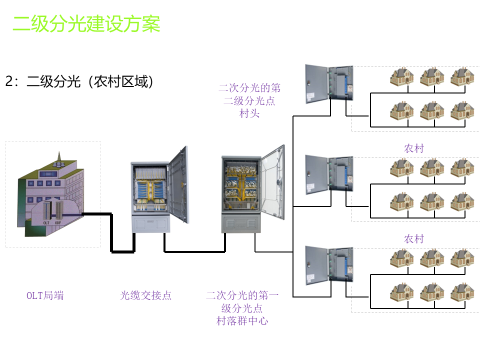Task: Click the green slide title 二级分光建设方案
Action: [86, 23]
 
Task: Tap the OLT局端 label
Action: [45, 295]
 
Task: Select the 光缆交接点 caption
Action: [145, 295]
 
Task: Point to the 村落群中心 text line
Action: [242, 321]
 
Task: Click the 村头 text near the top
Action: [249, 113]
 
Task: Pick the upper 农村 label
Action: [413, 148]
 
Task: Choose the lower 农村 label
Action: [413, 239]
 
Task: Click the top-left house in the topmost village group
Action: [402, 76]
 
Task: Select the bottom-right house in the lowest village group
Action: [461, 292]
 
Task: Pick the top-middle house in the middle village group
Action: [432, 167]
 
